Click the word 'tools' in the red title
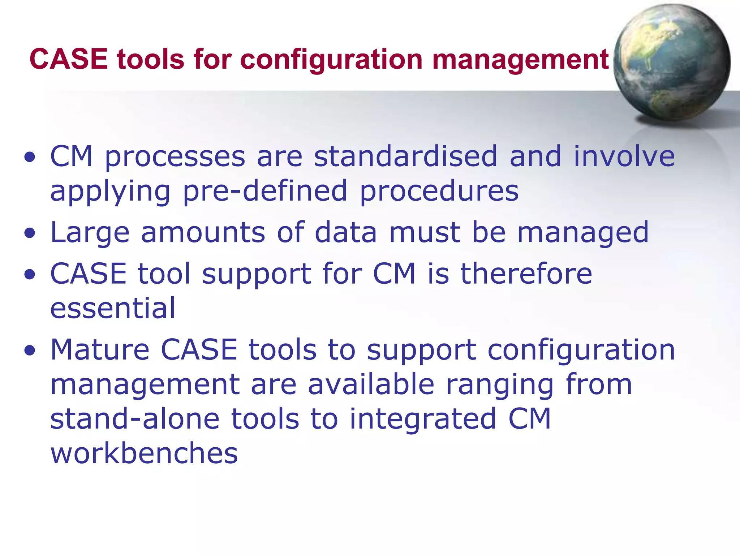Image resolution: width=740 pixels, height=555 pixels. click(x=150, y=59)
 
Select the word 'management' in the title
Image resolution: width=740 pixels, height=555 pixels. click(x=520, y=59)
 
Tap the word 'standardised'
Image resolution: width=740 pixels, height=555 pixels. click(x=405, y=156)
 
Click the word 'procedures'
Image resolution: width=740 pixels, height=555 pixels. click(x=439, y=192)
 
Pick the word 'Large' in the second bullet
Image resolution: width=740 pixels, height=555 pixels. click(x=90, y=233)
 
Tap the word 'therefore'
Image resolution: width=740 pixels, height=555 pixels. click(x=526, y=274)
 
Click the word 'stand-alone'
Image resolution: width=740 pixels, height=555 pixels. click(x=134, y=419)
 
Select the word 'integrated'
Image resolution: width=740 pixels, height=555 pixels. click(x=423, y=420)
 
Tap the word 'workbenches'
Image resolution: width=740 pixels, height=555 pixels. click(x=144, y=453)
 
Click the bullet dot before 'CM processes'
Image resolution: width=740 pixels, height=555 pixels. click(x=30, y=157)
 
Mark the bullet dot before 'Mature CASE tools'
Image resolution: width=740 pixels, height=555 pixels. click(x=30, y=350)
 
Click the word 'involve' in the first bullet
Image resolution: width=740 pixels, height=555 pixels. click(x=624, y=156)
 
